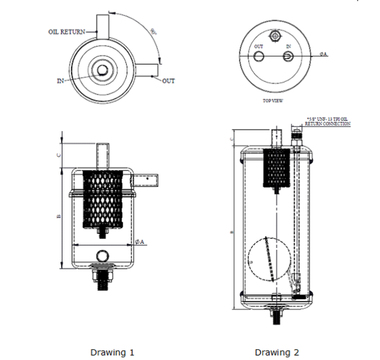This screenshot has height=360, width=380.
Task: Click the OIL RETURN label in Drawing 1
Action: coord(66,31)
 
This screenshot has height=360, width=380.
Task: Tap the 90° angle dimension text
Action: coord(155,31)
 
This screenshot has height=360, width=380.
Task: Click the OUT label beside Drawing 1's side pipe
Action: coord(169,81)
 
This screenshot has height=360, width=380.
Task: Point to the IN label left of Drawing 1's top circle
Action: coord(61,81)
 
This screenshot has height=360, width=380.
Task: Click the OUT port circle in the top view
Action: coord(259,57)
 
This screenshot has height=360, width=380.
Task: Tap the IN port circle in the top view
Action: coord(289,57)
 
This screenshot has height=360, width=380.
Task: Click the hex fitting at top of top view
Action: coord(274,36)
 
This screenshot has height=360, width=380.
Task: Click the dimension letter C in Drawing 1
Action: coord(59,154)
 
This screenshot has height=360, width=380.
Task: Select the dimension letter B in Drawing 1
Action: coord(59,216)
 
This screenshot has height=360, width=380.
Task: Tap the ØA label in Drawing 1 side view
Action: coord(139,242)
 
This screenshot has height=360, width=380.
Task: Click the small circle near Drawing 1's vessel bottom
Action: coord(102,256)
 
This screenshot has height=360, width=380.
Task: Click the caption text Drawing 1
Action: coord(112,352)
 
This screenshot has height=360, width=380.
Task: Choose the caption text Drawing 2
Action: coord(276,352)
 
